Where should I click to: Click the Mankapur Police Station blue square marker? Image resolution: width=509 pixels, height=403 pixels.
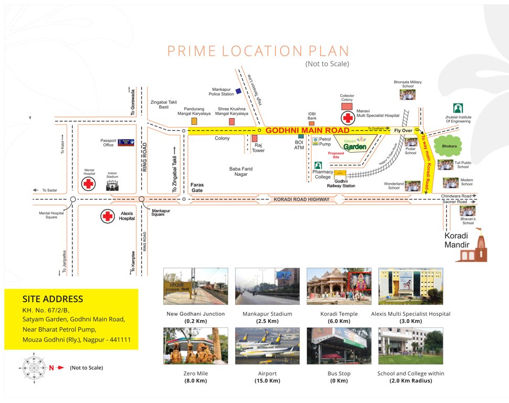click(x=238, y=91)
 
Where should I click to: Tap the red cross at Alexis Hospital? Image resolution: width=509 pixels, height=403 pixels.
click(x=108, y=216)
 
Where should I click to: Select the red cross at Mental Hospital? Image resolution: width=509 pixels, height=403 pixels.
click(x=89, y=184)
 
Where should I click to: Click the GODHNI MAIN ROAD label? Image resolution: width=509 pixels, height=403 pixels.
click(x=307, y=130)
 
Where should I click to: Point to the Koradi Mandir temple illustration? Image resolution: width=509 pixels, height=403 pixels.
click(x=473, y=248)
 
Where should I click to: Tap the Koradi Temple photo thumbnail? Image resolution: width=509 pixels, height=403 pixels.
click(x=338, y=287)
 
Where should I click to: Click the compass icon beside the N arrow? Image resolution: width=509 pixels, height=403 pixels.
click(x=34, y=367)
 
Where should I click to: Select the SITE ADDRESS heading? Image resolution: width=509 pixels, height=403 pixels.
click(x=52, y=299)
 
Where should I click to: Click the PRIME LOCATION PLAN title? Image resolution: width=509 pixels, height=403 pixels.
click(x=258, y=51)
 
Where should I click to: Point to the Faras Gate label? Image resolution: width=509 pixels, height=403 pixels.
click(x=197, y=188)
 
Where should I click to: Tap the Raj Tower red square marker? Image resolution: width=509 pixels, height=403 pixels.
click(x=254, y=139)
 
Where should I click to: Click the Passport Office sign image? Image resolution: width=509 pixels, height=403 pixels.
click(x=126, y=142)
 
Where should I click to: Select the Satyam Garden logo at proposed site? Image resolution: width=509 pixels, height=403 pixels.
click(x=355, y=145)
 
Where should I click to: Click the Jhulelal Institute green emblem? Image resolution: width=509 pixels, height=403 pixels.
click(x=458, y=109)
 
